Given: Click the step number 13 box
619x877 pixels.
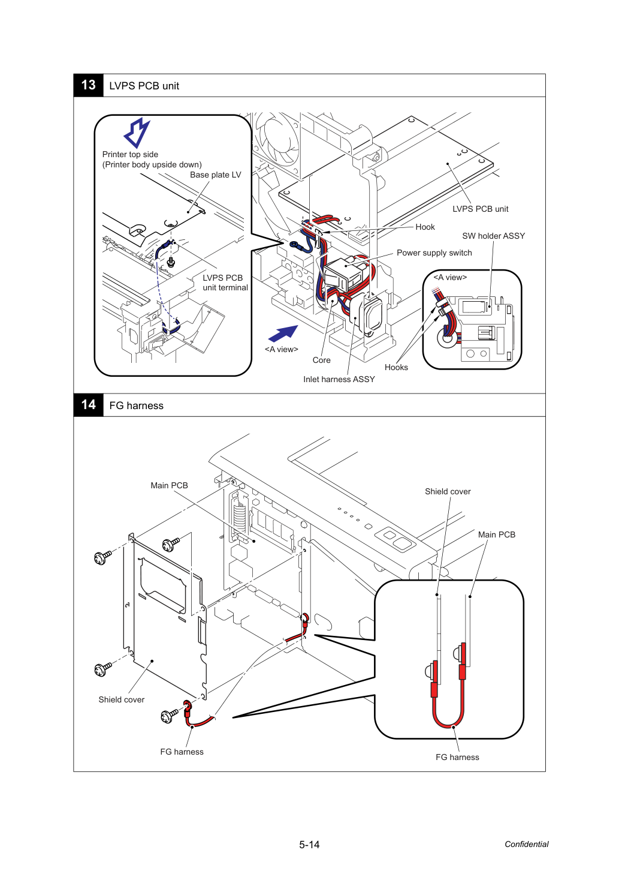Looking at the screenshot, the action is [88, 85].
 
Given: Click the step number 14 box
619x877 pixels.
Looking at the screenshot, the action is [88, 405].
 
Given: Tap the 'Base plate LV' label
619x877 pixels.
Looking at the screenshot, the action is [216, 175].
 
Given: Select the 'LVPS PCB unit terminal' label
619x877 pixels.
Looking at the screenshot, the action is [225, 283].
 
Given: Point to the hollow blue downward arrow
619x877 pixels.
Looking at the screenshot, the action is [137, 133].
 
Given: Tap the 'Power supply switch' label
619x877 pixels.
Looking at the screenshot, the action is [434, 253].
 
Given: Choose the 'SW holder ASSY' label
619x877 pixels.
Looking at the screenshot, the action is [494, 236].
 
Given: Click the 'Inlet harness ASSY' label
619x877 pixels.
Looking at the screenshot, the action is [339, 379].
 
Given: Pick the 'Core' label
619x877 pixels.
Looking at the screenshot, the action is [321, 360].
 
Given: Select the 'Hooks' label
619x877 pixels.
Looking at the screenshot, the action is [396, 367].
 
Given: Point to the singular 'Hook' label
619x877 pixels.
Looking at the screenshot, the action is [425, 227].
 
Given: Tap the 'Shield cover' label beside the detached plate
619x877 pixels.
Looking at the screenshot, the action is [121, 699].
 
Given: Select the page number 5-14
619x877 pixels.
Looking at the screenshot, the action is [309, 845].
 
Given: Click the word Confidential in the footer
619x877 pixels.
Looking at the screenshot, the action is [526, 844].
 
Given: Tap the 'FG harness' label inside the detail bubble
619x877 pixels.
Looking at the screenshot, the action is [457, 757].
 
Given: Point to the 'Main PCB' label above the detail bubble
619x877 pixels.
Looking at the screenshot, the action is [497, 534].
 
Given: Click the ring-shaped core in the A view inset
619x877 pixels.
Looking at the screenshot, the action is [446, 337].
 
